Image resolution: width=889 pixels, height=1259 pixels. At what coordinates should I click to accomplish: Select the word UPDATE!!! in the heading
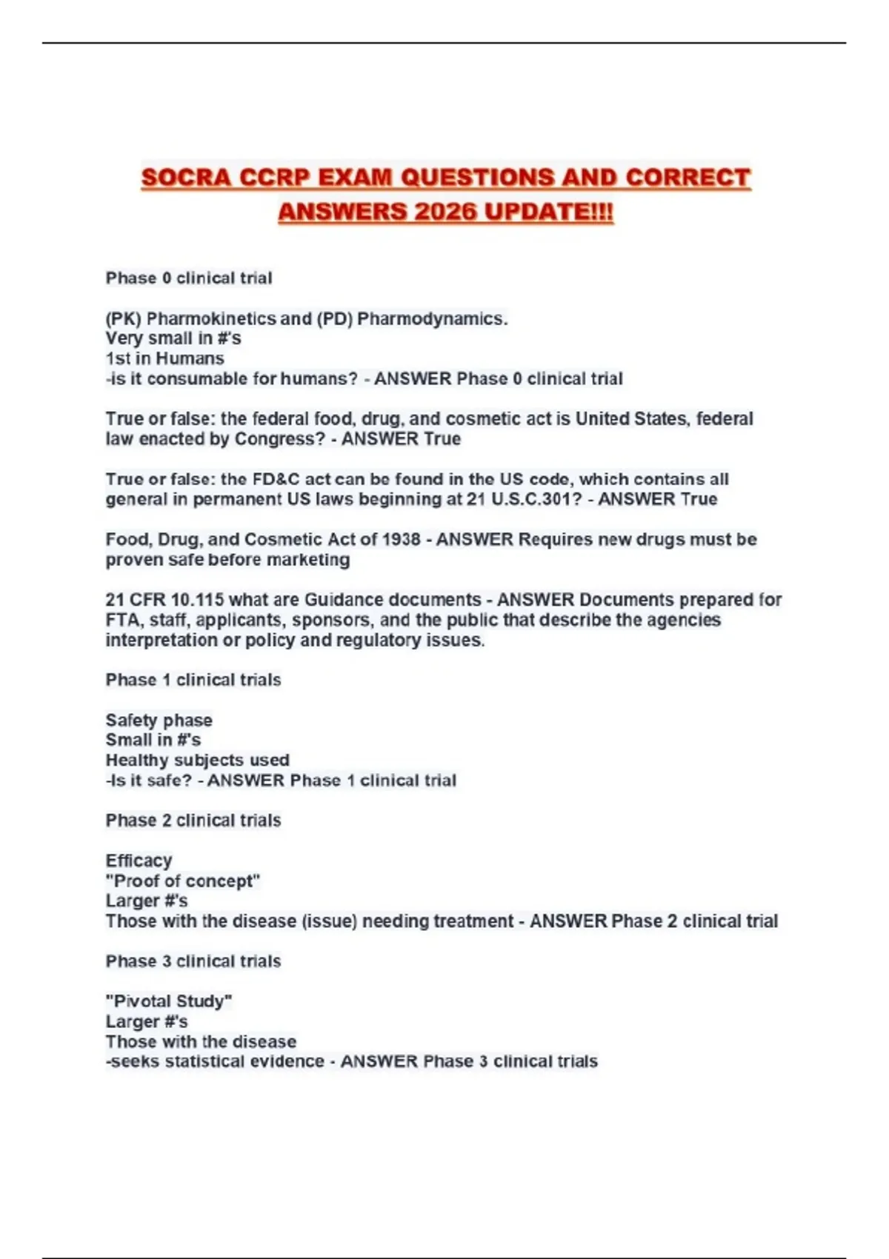tap(549, 212)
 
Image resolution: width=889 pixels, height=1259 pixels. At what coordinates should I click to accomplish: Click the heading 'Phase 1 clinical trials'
tap(193, 680)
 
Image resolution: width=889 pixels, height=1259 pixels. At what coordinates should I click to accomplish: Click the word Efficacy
tap(139, 861)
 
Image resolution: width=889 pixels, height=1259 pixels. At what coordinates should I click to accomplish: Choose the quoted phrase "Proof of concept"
tap(183, 881)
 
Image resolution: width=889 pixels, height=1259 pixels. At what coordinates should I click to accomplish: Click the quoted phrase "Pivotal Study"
tap(169, 1001)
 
